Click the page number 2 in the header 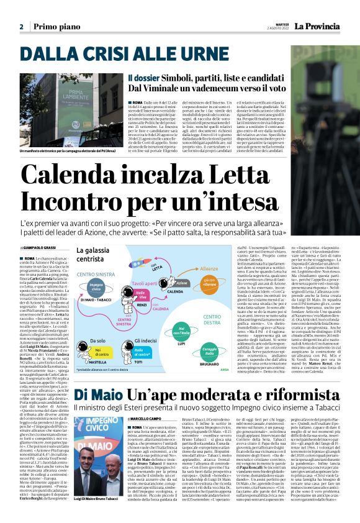tap(21, 27)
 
